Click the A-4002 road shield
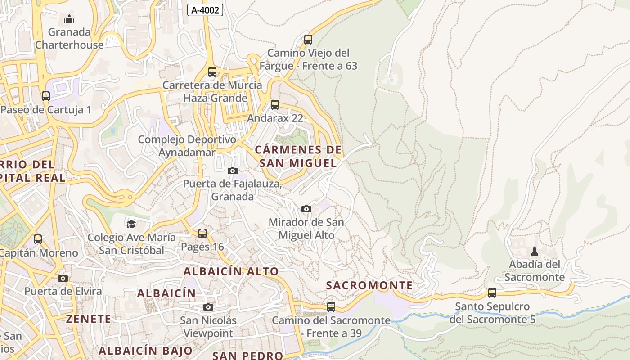point(205,10)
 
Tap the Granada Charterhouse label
point(69,38)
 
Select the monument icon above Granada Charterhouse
point(69,19)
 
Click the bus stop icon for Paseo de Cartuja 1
point(46,96)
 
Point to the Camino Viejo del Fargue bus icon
point(308,39)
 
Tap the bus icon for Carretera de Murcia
point(212,72)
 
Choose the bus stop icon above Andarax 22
point(275,105)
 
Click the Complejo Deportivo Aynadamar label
point(187,146)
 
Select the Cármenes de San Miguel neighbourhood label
point(298,156)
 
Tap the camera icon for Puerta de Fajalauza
point(233,171)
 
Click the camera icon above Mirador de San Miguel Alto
point(306,209)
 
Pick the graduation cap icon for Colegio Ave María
point(131,224)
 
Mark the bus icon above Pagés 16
point(202,233)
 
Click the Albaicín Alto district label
point(231,271)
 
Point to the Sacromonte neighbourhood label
point(369,285)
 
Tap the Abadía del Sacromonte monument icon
point(535,251)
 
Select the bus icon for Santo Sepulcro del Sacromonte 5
point(492,293)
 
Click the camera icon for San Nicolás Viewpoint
point(208,307)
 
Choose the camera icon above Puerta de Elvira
point(63,278)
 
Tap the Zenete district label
point(88,319)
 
